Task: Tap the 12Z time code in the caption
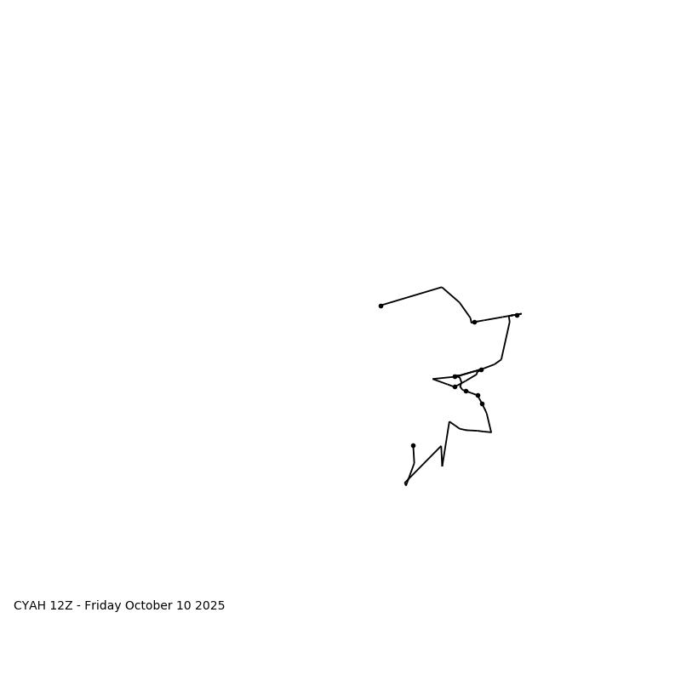[61, 606]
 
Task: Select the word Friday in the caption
[103, 606]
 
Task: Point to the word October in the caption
[149, 606]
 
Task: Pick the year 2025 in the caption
[210, 606]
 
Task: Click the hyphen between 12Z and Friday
[78, 606]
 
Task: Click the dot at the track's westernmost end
[381, 306]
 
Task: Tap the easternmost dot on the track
[517, 315]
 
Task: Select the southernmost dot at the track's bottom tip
[405, 484]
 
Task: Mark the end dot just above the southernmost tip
[413, 445]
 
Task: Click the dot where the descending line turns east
[474, 322]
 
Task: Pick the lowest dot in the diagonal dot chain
[482, 403]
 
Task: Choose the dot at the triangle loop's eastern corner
[481, 369]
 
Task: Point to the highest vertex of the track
[442, 287]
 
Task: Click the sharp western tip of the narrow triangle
[433, 379]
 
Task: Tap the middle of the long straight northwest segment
[411, 296]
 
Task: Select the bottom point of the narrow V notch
[442, 466]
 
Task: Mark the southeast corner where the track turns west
[491, 432]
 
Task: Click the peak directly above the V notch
[449, 421]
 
